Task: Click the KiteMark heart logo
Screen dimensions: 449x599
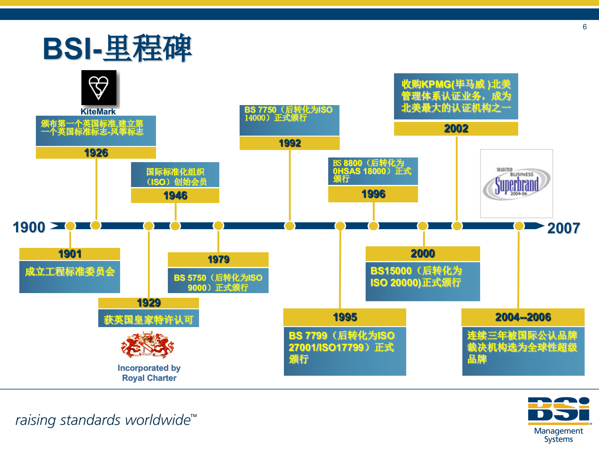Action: click(99, 88)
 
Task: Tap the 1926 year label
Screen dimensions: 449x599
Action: click(96, 153)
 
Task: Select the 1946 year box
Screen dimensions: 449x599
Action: click(175, 196)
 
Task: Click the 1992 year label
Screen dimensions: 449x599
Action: click(290, 143)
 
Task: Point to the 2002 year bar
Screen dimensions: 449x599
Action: click(456, 128)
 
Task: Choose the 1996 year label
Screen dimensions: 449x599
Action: click(373, 194)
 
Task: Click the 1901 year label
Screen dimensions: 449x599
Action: click(70, 254)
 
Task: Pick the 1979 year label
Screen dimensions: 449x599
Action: click(218, 259)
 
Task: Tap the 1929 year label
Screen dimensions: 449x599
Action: click(149, 303)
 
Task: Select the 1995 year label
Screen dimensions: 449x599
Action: click(345, 317)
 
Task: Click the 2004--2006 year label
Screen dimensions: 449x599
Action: click(523, 317)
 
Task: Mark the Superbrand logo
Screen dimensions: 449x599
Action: click(516, 184)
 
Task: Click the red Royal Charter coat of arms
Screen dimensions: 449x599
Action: click(147, 345)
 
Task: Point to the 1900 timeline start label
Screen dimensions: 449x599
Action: click(29, 227)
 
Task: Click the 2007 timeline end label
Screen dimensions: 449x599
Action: click(563, 228)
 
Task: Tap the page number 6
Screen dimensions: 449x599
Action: click(585, 27)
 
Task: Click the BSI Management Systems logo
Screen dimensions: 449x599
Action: click(559, 419)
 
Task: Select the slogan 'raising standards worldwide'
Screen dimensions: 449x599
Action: click(106, 420)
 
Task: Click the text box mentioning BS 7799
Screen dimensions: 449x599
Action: click(345, 351)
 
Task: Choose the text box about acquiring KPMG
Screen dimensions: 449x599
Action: click(456, 96)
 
